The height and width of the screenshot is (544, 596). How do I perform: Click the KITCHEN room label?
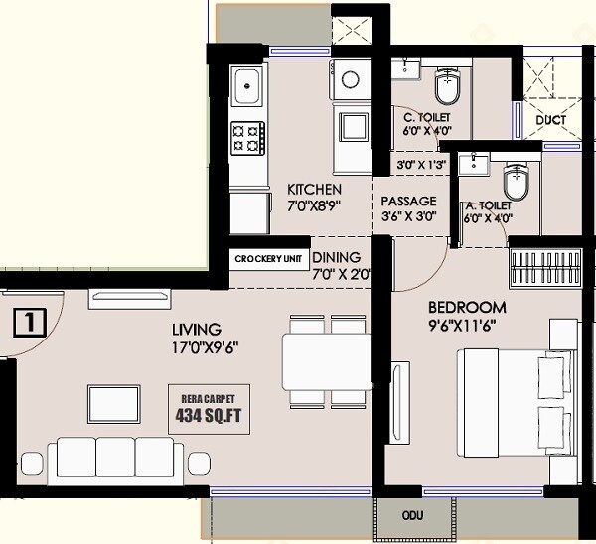[x=314, y=190]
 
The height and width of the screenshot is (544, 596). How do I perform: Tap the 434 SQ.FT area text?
[x=208, y=415]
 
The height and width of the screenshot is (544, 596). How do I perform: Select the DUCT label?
[x=550, y=120]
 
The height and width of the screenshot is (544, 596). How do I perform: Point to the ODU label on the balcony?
[x=412, y=516]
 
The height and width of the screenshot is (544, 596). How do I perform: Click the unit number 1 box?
[x=31, y=322]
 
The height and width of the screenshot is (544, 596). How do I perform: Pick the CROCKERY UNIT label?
[x=268, y=259]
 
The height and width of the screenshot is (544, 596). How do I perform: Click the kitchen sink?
[x=245, y=89]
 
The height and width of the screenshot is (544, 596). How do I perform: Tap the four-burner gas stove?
[x=247, y=138]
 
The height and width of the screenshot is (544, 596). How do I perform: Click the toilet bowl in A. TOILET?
[x=517, y=182]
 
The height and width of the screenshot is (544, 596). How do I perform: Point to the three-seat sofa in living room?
[x=117, y=458]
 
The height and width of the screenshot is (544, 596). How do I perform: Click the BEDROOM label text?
[x=467, y=307]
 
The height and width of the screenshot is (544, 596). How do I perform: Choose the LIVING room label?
[x=195, y=329]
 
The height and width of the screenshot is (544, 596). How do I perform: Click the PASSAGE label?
[x=408, y=200]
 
